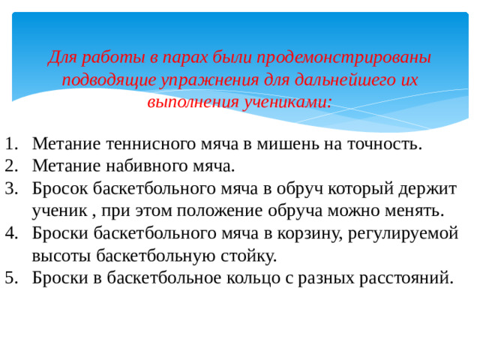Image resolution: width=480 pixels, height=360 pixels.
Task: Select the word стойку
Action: [251, 256]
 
